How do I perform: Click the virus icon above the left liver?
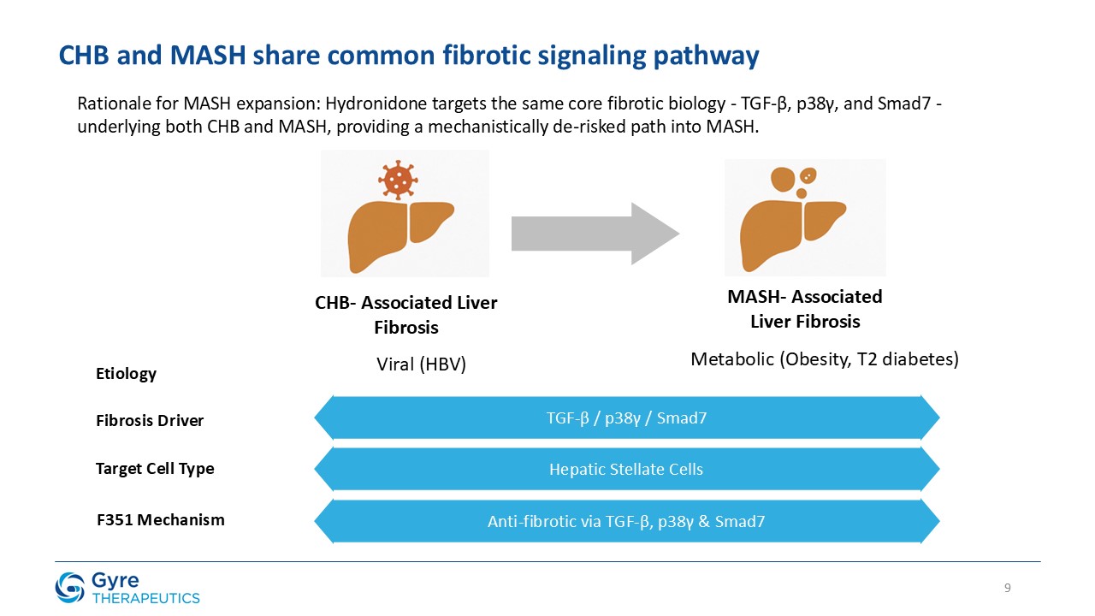[398, 179]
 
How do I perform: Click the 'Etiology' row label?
[126, 374]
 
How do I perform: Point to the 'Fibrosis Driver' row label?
[150, 421]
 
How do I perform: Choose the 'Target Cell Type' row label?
[155, 469]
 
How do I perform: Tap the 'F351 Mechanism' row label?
[160, 519]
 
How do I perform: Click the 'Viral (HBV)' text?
[422, 364]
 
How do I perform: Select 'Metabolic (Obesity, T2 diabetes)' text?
[825, 360]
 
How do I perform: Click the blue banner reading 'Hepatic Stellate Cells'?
[626, 469]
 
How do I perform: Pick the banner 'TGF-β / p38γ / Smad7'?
[626, 418]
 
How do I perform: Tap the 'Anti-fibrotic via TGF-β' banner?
[626, 521]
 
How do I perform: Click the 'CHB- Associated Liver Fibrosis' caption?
[406, 315]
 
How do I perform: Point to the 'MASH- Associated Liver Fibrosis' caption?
[805, 309]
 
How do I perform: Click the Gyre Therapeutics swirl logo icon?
[70, 587]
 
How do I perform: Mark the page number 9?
[1008, 588]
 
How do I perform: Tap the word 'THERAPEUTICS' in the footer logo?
[145, 598]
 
